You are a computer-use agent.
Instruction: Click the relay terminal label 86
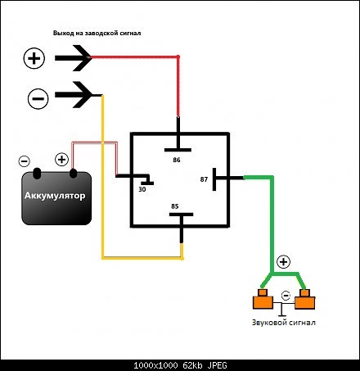click(177, 160)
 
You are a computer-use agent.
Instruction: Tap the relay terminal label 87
click(204, 179)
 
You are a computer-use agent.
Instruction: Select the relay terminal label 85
click(175, 206)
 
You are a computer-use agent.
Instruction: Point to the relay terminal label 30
click(142, 189)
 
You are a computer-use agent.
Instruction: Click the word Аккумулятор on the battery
click(55, 196)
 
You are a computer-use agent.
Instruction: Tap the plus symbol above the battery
click(61, 159)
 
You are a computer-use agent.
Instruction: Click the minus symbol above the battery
click(25, 161)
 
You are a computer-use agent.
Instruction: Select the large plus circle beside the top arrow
click(34, 58)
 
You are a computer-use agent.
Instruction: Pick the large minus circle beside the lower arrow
click(38, 98)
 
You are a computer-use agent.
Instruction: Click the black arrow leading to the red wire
click(73, 58)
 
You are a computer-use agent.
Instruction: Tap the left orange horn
click(263, 300)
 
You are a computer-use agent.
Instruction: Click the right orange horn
click(305, 300)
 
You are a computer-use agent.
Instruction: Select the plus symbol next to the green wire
click(283, 262)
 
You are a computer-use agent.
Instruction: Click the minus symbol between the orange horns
click(286, 296)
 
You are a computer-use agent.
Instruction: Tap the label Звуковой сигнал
click(284, 323)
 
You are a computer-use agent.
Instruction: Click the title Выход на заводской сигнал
click(97, 34)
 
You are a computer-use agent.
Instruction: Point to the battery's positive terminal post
click(73, 174)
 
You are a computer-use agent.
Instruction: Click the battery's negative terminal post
click(37, 174)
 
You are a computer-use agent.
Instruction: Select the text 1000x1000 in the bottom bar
click(155, 365)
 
